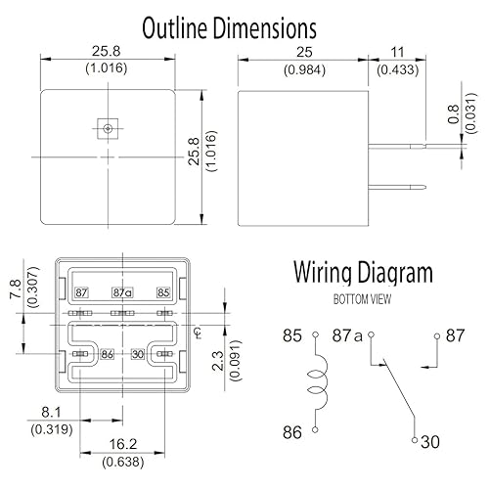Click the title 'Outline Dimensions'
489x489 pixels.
tap(229, 28)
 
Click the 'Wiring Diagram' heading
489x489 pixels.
tap(363, 273)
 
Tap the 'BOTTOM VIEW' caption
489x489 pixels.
tap(362, 299)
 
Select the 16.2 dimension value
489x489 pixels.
tap(123, 444)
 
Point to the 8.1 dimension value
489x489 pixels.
tap(51, 413)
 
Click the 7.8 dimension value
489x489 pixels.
tap(16, 289)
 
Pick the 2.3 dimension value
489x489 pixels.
tap(218, 361)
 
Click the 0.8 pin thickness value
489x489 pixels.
tap(454, 114)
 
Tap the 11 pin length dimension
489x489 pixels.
tap(397, 52)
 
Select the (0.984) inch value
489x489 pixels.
tap(304, 69)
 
